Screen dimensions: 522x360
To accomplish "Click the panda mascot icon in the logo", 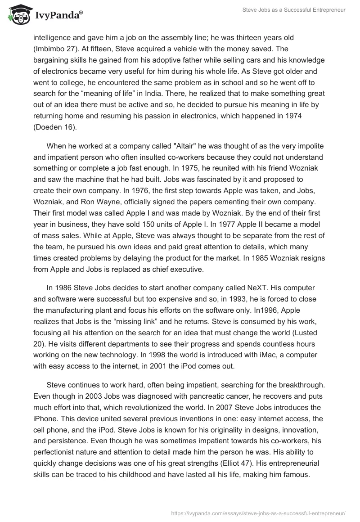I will point(17,15).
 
